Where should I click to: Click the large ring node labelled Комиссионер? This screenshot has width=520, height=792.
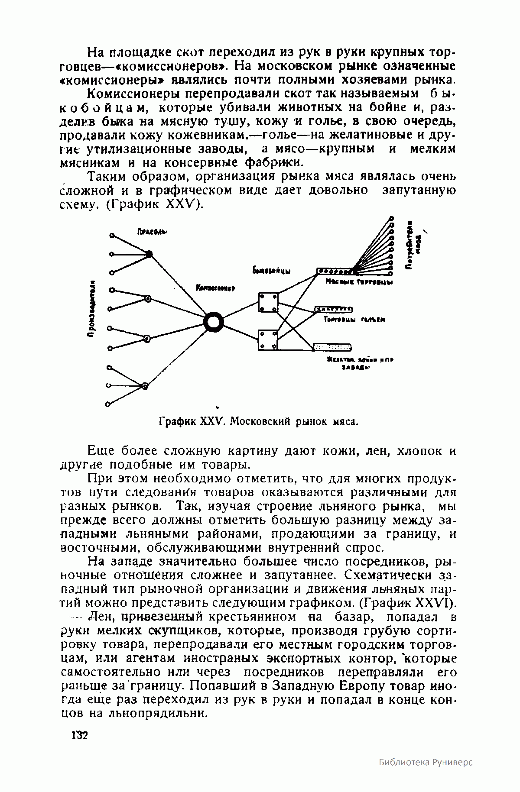point(213,323)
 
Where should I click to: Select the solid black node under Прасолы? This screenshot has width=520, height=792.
point(149,254)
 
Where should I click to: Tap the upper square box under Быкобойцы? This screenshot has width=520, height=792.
point(268,302)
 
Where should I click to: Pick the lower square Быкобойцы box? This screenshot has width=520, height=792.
point(268,340)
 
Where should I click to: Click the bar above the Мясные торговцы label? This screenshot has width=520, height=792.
point(336,272)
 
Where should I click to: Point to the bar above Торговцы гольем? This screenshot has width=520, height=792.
point(333,309)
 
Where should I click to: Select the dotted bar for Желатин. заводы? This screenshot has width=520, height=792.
point(332,347)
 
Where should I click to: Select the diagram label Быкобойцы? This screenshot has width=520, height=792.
point(271,271)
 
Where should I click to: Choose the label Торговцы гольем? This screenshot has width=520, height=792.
point(354,320)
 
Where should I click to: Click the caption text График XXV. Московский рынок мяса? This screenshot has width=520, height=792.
point(259,421)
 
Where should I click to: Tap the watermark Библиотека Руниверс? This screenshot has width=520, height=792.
point(426,774)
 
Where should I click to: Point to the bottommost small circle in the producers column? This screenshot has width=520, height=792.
point(108,404)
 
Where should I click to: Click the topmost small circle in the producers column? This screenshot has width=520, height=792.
point(111,236)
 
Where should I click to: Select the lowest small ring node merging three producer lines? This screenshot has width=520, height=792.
point(145,386)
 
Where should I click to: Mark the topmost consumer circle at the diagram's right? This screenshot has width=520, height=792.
point(392,219)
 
